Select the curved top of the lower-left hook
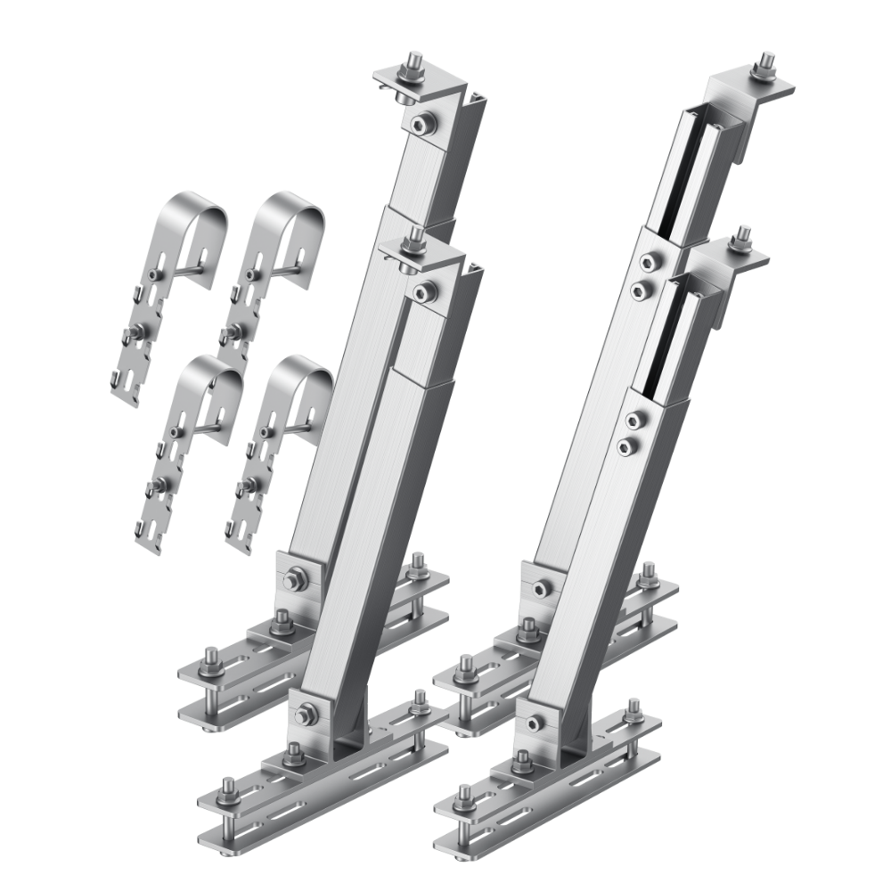click(x=207, y=371)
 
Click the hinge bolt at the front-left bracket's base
click(x=308, y=711)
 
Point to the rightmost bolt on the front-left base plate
click(x=418, y=707)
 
